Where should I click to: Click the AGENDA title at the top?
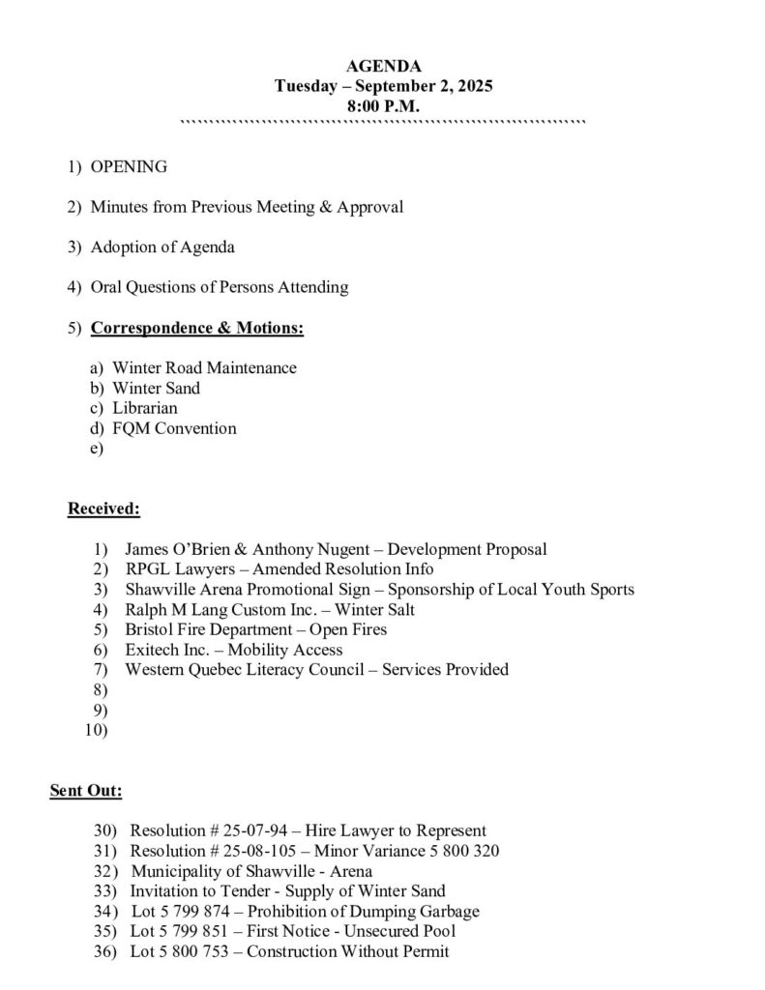[383, 66]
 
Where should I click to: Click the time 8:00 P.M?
[383, 106]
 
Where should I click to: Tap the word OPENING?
[129, 166]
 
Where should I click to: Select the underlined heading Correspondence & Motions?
[197, 329]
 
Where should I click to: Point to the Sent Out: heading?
[86, 791]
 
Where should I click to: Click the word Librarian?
[145, 408]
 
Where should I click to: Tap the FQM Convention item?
[174, 428]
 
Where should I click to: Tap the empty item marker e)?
[96, 449]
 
